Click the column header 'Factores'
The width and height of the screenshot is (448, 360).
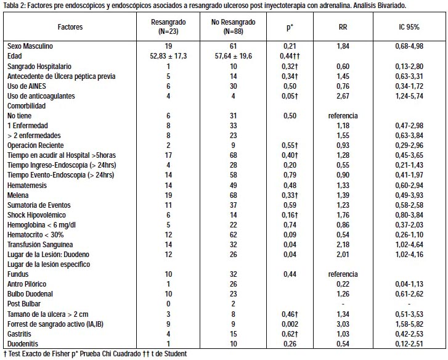[70, 27]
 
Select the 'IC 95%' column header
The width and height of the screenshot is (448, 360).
[409, 27]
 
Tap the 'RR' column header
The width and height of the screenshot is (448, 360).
[343, 27]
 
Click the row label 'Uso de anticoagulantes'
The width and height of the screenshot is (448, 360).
[41, 96]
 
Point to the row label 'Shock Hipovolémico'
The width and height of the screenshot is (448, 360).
[36, 215]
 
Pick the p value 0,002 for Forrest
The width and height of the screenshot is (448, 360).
[290, 324]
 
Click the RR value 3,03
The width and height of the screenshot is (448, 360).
[343, 324]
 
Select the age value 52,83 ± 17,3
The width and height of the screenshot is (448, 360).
[168, 56]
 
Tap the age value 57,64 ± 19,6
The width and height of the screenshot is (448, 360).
[234, 56]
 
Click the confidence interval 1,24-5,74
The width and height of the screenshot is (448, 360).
[409, 96]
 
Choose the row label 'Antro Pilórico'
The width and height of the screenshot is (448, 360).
[27, 284]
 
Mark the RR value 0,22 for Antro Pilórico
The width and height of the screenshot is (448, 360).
[343, 284]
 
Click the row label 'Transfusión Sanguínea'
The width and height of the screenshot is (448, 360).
[40, 245]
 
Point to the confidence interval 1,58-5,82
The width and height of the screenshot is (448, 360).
[409, 324]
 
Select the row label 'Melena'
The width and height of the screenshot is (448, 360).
[18, 195]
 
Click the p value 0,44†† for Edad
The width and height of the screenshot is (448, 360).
[290, 56]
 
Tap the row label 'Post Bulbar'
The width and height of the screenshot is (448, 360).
[24, 304]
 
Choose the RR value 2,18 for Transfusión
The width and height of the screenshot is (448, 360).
[343, 245]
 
